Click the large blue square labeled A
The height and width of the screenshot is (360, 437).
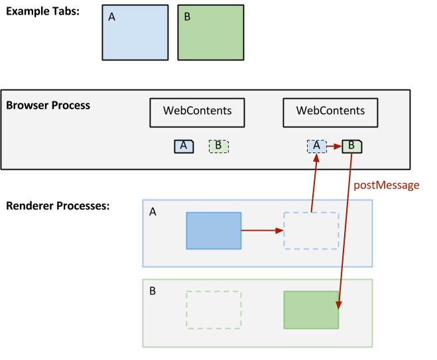click(x=135, y=32)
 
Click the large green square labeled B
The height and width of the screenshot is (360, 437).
click(x=210, y=32)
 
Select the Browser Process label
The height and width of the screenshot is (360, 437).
click(x=48, y=105)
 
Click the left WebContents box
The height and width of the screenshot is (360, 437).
click(x=197, y=112)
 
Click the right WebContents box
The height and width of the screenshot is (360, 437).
click(x=330, y=112)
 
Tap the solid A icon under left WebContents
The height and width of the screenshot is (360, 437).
click(x=184, y=147)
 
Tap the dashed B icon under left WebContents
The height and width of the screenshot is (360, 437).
click(x=219, y=147)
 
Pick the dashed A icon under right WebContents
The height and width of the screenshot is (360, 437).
click(x=316, y=147)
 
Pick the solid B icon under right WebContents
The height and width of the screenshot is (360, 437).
click(x=352, y=147)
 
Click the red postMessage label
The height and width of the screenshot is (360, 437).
click(x=386, y=186)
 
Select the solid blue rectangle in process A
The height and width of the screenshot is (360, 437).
click(x=214, y=230)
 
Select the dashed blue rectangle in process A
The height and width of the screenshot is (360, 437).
click(x=311, y=230)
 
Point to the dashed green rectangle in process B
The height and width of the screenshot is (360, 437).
click(x=214, y=310)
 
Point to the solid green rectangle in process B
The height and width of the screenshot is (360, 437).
click(x=311, y=310)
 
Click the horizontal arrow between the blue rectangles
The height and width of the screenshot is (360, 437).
click(x=262, y=231)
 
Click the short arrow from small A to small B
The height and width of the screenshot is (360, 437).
click(x=334, y=147)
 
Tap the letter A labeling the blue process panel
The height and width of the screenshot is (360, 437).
click(x=153, y=212)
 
